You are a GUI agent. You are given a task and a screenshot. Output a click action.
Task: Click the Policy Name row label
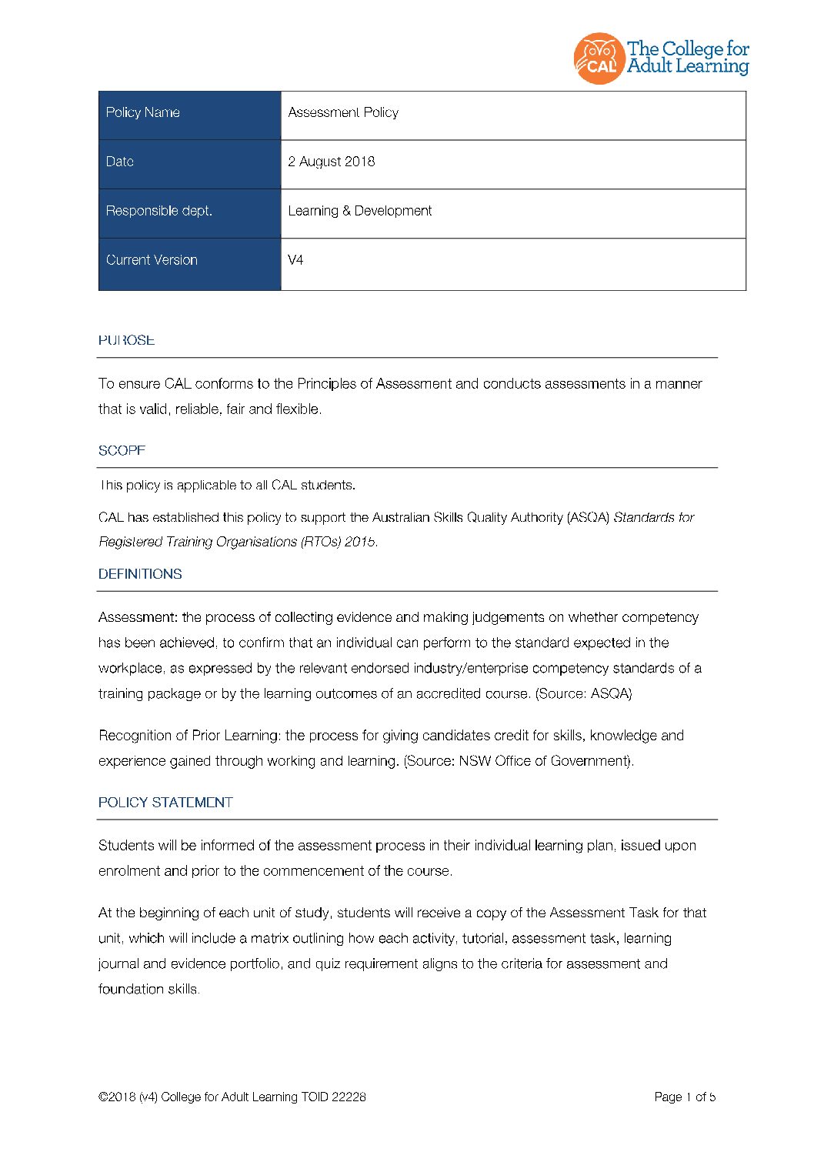pos(143,112)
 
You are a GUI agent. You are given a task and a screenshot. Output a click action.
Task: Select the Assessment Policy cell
pos(343,112)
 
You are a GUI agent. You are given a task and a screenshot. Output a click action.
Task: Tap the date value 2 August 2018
pos(332,162)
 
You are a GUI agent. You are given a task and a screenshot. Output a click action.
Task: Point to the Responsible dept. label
pos(159,211)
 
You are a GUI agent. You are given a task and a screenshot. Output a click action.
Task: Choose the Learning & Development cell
pos(359,211)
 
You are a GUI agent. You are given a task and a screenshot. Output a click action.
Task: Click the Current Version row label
pos(152,260)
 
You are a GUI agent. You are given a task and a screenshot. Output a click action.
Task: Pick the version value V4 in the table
pos(295,260)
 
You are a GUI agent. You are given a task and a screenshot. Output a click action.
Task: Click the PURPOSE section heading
pos(126,340)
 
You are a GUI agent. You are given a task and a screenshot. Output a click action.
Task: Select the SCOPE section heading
pos(122,451)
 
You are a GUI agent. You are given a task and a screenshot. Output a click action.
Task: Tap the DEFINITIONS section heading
pos(140,574)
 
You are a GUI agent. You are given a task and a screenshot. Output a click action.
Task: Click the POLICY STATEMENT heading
pos(165,803)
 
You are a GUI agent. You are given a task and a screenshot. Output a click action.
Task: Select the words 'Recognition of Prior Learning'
pos(188,736)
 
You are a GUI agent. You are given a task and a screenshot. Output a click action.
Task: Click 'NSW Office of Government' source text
pos(543,761)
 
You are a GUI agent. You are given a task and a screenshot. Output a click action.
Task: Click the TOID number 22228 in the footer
pos(349,1097)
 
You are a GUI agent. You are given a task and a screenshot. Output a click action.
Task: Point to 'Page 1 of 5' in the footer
pos(685,1097)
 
